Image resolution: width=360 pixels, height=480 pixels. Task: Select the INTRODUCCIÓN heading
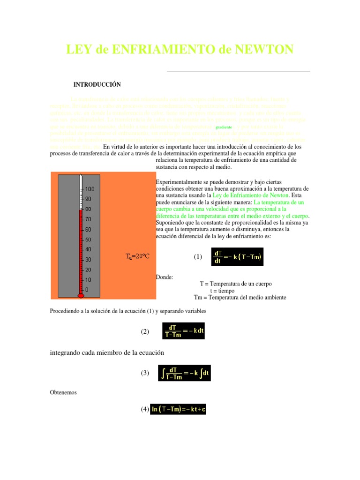[x=97, y=84]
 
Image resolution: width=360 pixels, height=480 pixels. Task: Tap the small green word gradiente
[x=224, y=127]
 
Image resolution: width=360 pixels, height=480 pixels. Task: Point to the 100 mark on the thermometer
[x=90, y=189]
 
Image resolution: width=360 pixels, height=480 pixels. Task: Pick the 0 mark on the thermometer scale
[x=86, y=290]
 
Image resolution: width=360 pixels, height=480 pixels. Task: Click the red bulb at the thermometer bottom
[x=81, y=296]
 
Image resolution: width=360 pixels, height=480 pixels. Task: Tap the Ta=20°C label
[x=137, y=256]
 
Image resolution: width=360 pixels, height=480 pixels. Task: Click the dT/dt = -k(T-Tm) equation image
[x=237, y=256]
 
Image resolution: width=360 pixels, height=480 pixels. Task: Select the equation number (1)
[x=198, y=257]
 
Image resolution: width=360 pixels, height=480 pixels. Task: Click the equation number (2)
[x=145, y=331]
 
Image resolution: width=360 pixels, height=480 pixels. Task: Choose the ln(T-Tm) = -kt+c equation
[x=178, y=409]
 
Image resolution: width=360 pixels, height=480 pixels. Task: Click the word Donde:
[x=164, y=277]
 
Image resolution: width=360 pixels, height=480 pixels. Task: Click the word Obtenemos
[x=63, y=392]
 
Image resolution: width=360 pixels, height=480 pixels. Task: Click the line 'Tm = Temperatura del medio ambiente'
[x=240, y=297]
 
